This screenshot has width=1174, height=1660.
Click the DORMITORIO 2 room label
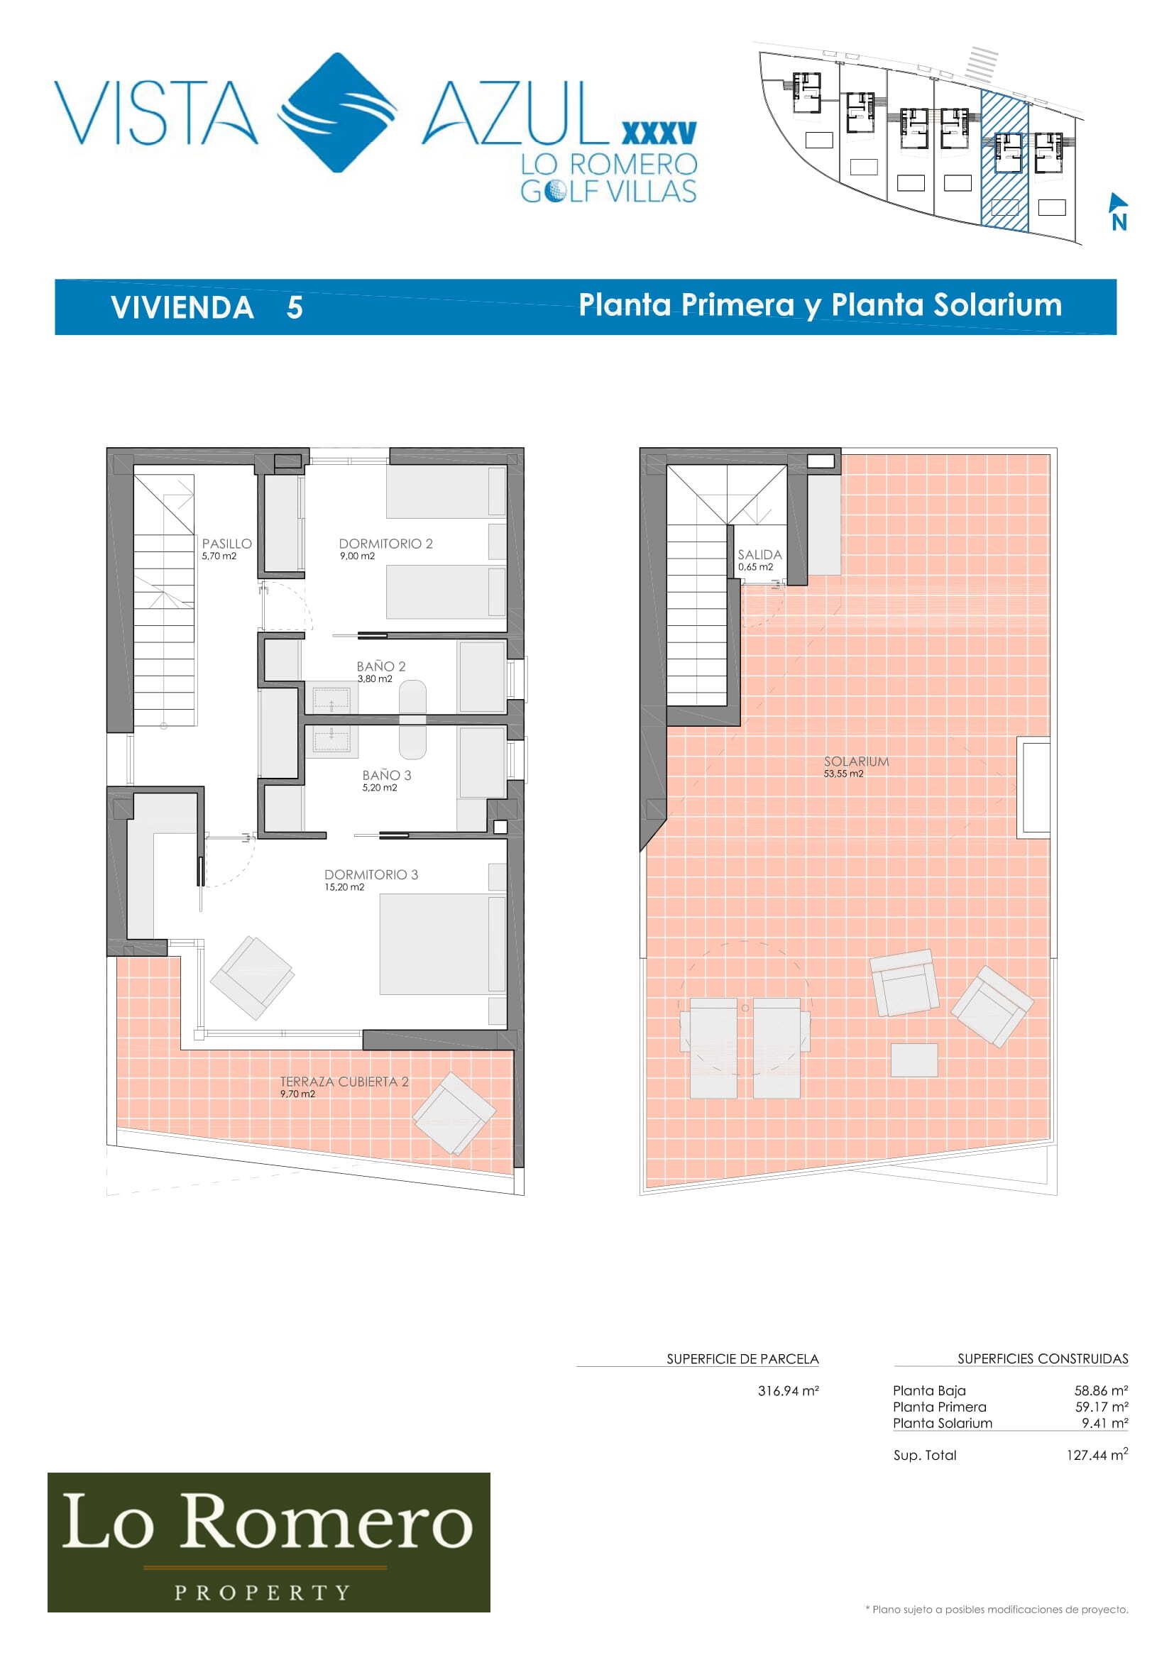tap(385, 544)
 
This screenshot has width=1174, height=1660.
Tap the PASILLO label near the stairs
tap(227, 544)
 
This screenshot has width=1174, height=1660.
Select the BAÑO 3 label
tap(387, 775)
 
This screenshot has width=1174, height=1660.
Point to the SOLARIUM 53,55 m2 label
tap(856, 766)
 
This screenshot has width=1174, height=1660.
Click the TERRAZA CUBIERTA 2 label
tap(344, 1082)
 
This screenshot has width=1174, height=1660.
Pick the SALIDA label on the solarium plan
tap(759, 554)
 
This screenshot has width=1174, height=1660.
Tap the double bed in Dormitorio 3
tap(442, 944)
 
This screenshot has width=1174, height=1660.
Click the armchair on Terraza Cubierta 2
tap(454, 1114)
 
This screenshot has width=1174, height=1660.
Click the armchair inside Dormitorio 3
tap(251, 977)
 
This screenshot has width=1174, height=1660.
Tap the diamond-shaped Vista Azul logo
tap(338, 112)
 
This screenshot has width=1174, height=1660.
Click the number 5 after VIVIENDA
tap(295, 307)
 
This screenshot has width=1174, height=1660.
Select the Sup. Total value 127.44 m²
tap(1097, 1454)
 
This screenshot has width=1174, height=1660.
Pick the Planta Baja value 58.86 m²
tap(1101, 1390)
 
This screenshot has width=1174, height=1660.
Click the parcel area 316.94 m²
tap(788, 1390)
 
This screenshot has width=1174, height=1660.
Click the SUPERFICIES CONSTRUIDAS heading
tap(1043, 1358)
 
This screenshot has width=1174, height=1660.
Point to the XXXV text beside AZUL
tap(659, 133)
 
